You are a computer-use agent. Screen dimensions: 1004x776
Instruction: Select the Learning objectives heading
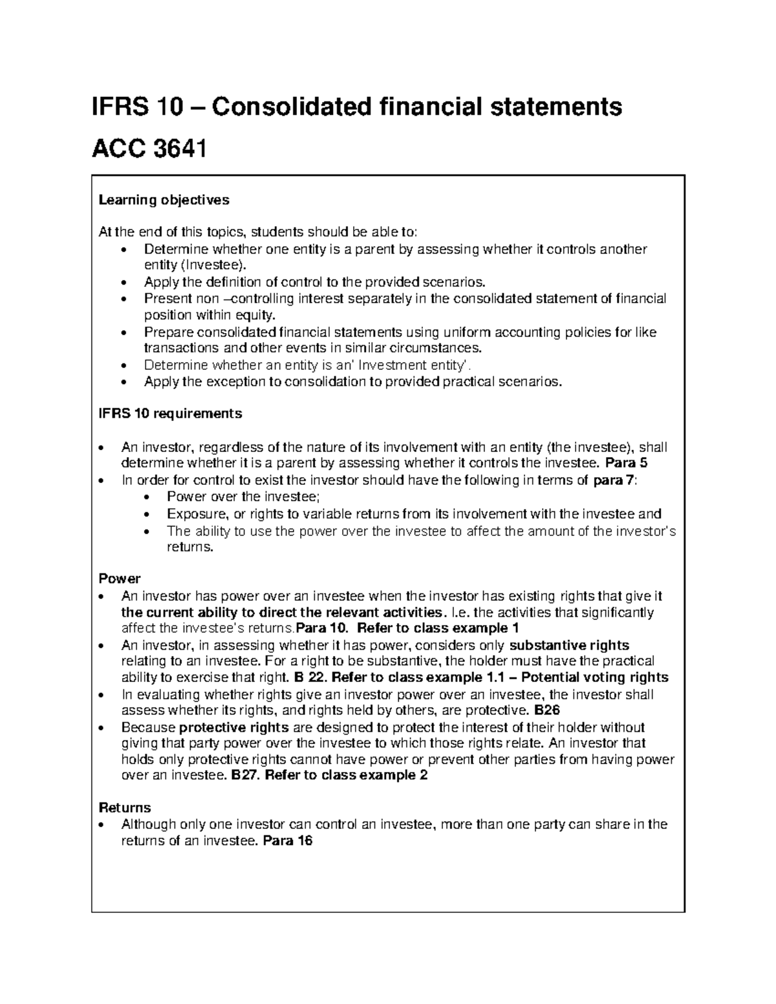click(x=164, y=200)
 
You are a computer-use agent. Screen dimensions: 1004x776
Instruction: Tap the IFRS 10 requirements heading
click(x=170, y=413)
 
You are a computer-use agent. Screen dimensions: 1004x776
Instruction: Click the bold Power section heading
click(x=119, y=579)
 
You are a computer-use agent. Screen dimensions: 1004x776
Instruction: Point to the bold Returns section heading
click(x=124, y=807)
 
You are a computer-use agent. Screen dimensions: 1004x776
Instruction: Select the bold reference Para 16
click(x=288, y=841)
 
